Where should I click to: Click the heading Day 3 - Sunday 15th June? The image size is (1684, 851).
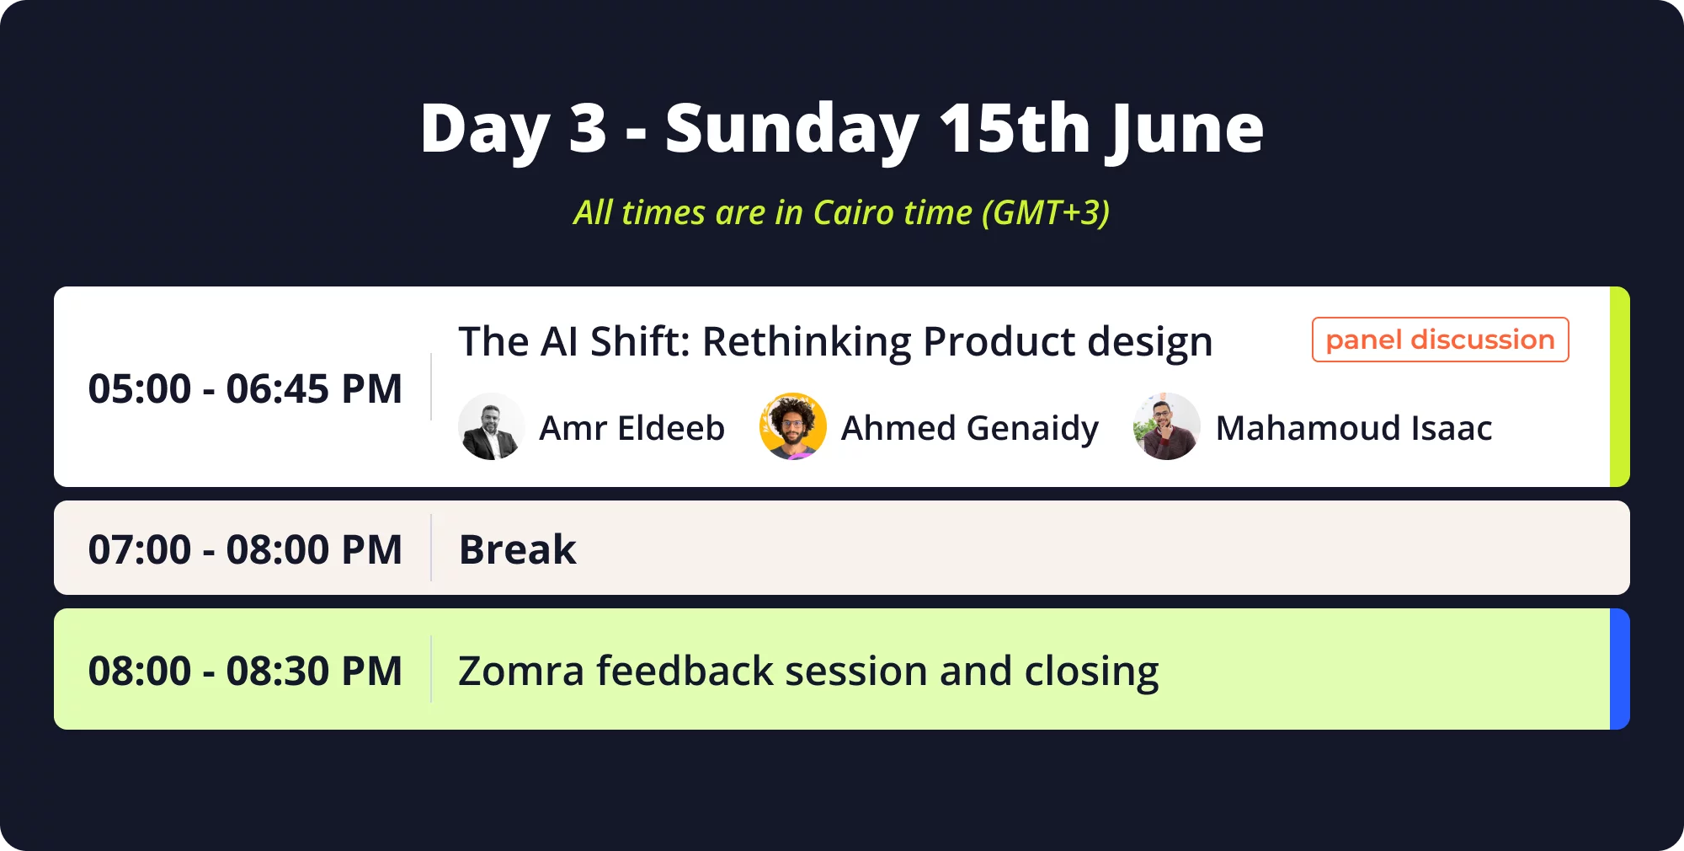842,128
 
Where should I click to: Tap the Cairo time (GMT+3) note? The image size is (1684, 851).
842,212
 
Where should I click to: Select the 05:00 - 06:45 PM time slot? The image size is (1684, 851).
245,388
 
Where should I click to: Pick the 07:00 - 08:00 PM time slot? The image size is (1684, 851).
245,549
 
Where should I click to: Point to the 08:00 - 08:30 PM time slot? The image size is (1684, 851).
245,671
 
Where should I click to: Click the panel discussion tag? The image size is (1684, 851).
1441,340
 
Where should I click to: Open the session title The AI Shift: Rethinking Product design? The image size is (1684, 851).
835,342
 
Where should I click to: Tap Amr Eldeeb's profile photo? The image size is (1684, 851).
492,426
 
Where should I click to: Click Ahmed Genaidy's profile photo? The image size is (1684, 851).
793,426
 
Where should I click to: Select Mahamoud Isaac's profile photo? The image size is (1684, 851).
1167,426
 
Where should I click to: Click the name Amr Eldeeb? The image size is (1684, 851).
631,428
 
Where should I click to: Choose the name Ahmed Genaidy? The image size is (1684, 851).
970,429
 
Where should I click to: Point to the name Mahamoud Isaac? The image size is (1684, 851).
1354,428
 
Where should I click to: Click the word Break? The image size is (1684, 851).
518,549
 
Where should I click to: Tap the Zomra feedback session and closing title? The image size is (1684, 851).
808,672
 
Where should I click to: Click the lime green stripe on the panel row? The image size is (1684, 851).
1620,387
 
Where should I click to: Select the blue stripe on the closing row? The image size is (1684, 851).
1620,669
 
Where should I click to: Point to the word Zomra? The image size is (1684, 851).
521,672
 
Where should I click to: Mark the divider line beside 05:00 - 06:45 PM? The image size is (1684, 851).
431,387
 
